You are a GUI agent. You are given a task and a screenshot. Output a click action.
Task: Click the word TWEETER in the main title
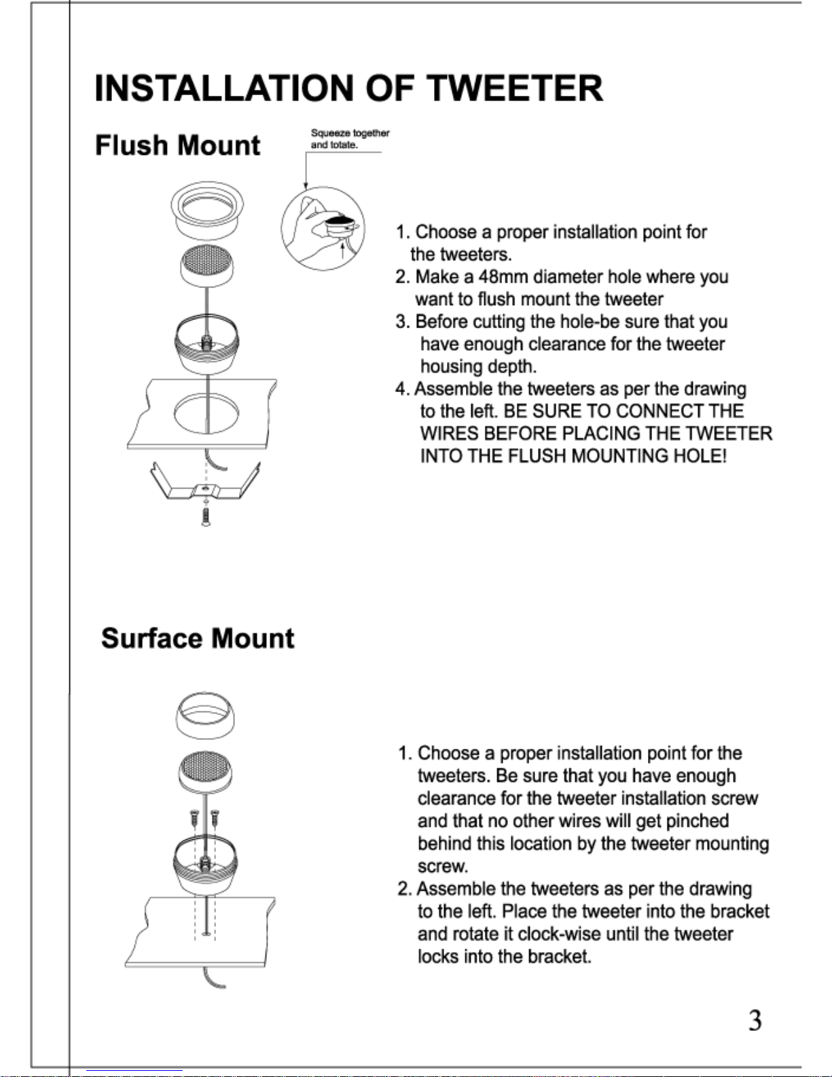(514, 88)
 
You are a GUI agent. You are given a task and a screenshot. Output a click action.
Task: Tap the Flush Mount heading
(177, 145)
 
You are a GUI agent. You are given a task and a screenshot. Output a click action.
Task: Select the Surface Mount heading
(197, 639)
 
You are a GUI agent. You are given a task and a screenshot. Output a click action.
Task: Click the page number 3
(755, 1021)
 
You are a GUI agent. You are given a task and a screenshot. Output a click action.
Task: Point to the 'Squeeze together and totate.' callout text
(350, 139)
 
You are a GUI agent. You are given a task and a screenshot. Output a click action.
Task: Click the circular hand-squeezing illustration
(323, 228)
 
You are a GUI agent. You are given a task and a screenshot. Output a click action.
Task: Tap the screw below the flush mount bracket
(206, 516)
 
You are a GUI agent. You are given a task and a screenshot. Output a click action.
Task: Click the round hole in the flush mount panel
(206, 412)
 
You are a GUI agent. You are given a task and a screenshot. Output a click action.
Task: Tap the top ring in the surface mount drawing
(205, 716)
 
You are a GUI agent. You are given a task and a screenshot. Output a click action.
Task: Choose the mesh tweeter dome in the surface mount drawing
(204, 774)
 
